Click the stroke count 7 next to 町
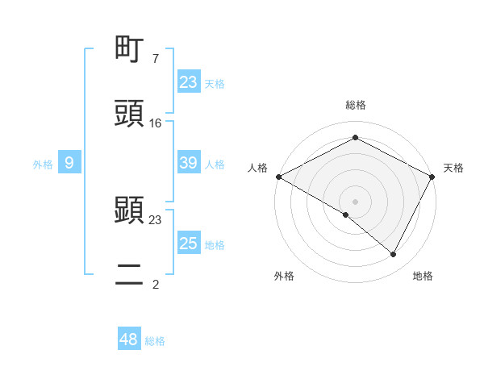155,58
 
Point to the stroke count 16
156,123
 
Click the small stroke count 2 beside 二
155,284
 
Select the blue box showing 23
189,82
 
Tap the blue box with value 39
189,163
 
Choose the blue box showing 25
189,244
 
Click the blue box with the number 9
69,164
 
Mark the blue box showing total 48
129,339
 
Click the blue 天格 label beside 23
215,83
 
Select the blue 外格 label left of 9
43,165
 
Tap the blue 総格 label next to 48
155,341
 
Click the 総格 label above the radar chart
356,105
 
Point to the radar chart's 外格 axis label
284,276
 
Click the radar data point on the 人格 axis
278,177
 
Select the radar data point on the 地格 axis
394,254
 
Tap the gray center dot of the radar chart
356,201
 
